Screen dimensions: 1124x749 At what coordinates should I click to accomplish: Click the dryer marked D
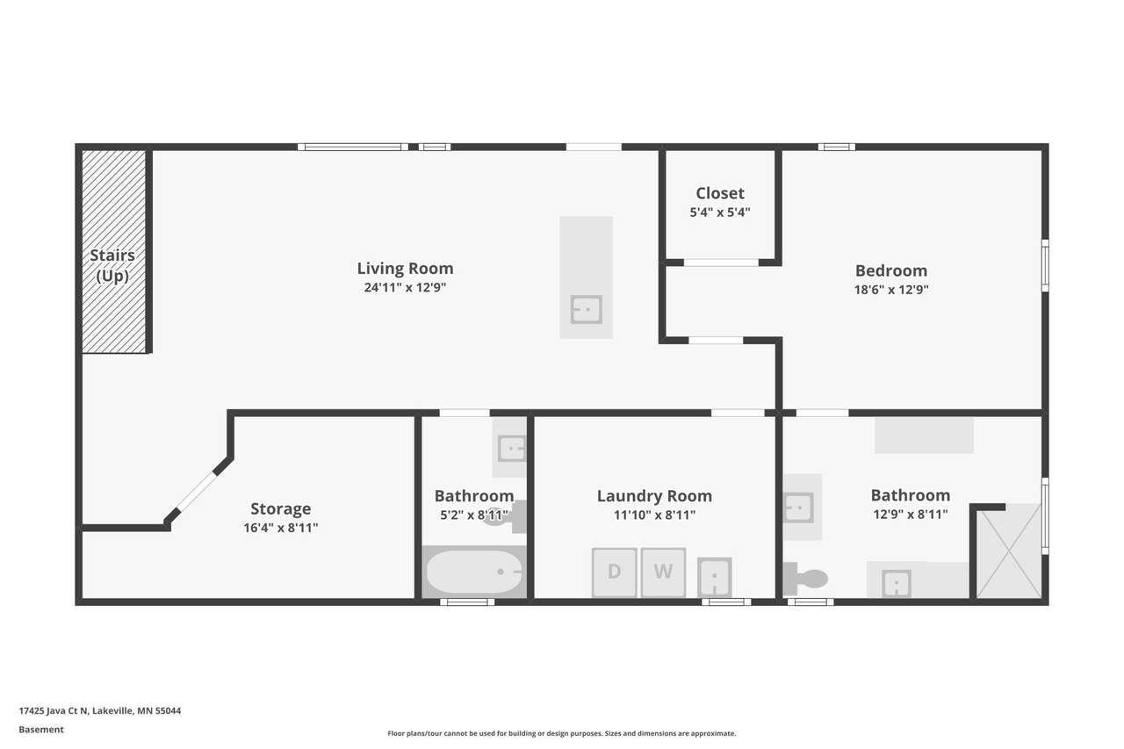(614, 573)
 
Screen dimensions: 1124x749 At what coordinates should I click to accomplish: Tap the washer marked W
(663, 573)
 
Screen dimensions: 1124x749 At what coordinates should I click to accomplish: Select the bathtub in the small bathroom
(474, 572)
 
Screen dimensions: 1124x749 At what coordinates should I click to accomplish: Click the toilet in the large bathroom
(806, 579)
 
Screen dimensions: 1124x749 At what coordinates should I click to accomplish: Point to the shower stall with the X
(1009, 551)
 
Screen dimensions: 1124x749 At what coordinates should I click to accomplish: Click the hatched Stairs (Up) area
(114, 251)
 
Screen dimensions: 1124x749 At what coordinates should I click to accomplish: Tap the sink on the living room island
(586, 310)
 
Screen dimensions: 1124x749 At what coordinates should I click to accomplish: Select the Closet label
(720, 193)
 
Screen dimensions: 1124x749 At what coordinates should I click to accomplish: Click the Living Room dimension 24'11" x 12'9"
(405, 287)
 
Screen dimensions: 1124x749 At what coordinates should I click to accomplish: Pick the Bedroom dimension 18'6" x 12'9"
(891, 290)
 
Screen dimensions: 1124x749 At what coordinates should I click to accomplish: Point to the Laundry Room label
(654, 495)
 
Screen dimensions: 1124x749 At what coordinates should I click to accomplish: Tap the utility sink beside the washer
(714, 577)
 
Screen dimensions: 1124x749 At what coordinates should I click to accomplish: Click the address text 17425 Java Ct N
(54, 710)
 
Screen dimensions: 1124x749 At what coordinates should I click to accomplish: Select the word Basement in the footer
(41, 730)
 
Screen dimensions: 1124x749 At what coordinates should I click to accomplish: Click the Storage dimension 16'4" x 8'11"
(280, 528)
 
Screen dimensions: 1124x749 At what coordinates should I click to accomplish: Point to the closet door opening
(721, 263)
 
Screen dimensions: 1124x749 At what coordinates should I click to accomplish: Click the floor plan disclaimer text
(561, 733)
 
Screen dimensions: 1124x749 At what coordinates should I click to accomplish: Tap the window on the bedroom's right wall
(1045, 265)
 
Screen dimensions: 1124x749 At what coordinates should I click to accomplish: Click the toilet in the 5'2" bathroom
(507, 516)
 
